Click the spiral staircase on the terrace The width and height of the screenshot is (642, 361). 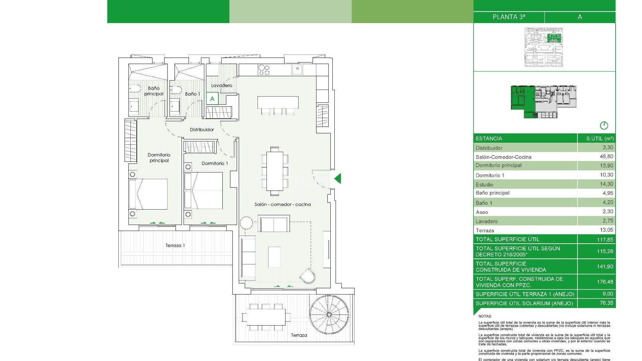point(329,315)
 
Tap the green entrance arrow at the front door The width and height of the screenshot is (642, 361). point(338,178)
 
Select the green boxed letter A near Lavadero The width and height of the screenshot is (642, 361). point(212,99)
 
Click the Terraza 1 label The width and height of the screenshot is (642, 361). point(175,245)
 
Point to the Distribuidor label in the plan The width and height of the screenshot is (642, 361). point(202,130)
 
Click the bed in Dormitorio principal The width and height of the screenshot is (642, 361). point(148,194)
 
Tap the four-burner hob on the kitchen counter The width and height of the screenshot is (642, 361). point(264,70)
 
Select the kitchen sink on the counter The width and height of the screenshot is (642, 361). point(297,70)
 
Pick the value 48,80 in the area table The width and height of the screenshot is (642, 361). point(606,156)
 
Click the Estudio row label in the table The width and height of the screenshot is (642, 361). point(484,185)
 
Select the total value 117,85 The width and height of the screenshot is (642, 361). point(605,239)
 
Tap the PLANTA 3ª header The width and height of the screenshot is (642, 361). point(509,17)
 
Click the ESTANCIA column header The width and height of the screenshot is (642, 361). point(489,138)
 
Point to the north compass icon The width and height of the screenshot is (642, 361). point(604,126)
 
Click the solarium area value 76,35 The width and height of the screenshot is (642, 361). point(606,303)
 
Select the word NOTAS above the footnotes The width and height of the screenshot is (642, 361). point(485,316)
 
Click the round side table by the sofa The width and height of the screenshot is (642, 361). point(246,222)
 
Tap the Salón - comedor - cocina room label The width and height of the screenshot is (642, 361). point(283,204)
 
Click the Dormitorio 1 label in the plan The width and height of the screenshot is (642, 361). point(215,163)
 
